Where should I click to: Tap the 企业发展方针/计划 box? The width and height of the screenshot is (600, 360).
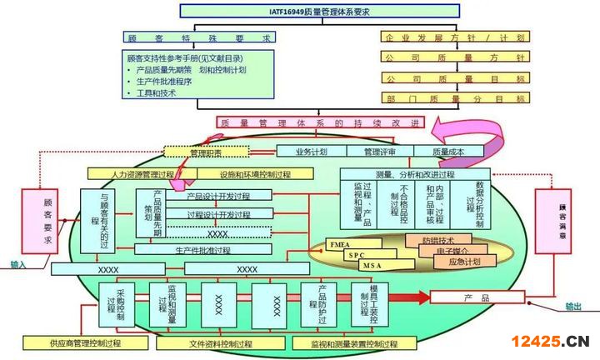pos(455,38)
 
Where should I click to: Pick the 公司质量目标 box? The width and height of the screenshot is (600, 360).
pos(455,78)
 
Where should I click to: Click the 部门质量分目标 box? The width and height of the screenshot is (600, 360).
pos(455,98)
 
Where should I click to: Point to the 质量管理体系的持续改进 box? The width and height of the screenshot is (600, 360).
pos(321,122)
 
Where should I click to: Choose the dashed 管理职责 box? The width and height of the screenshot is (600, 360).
pos(205,152)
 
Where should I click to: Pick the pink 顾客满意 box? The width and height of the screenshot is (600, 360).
pos(552,222)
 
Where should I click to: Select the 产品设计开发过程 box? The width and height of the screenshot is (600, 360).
pos(218,196)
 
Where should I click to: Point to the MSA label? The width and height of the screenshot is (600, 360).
pos(372,265)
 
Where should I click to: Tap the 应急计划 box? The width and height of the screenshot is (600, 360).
pos(464,262)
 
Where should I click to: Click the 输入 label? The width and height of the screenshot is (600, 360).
pos(18,266)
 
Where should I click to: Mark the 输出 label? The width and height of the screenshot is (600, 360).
pos(573,307)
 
